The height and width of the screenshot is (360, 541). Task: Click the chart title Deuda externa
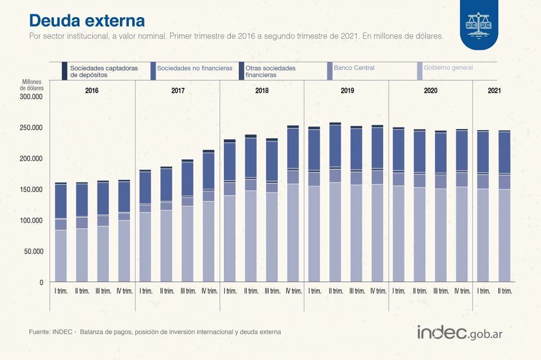click(86, 20)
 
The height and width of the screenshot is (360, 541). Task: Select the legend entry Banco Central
click(354, 68)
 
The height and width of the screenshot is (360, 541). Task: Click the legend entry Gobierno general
click(448, 68)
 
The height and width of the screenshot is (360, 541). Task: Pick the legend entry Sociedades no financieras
click(195, 68)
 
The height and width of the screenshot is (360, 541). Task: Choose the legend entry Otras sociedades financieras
click(270, 71)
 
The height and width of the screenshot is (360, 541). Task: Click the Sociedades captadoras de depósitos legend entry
click(103, 71)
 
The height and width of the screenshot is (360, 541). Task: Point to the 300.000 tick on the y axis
click(30, 97)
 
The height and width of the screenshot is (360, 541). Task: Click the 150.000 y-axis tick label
click(30, 189)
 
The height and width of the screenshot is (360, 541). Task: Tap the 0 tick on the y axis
click(40, 282)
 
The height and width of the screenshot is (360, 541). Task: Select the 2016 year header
click(92, 91)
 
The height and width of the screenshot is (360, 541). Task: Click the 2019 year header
click(347, 91)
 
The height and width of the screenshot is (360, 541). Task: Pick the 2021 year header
click(494, 91)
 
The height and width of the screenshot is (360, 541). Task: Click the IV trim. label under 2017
click(209, 291)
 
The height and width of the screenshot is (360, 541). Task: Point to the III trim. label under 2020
click(441, 291)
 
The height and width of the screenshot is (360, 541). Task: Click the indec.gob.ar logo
click(459, 333)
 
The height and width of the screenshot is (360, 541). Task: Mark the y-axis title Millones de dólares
click(32, 84)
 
